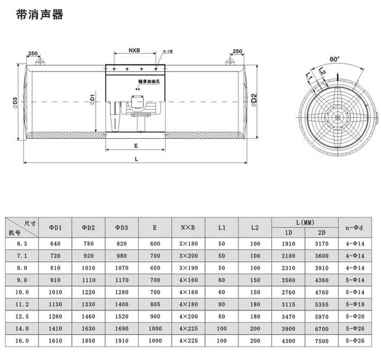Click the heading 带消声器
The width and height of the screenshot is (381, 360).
point(40,14)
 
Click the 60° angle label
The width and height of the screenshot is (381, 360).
point(334,59)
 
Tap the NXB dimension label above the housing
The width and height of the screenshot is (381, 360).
point(134,51)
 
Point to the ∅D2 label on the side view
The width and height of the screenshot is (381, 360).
point(254,100)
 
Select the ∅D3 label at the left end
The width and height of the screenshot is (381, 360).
point(15,103)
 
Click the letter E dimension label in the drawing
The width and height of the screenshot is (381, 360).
point(136,146)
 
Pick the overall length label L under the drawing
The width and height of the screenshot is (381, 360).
point(136,159)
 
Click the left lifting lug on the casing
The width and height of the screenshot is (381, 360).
point(39,61)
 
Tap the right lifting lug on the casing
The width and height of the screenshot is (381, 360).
point(230,61)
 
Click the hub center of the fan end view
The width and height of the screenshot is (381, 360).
point(337,117)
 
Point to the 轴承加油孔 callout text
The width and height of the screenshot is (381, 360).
point(149,82)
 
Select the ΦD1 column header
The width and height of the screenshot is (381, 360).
point(56,228)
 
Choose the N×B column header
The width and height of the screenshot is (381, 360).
point(188,228)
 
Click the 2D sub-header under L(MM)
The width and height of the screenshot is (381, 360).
point(322,233)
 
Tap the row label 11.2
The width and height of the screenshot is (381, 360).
point(22,304)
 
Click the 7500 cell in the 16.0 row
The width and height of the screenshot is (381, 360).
point(322,341)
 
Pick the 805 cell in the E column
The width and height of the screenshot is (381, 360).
point(155,304)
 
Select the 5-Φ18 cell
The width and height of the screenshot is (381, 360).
point(355,304)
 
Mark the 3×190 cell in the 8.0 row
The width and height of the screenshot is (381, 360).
point(188,268)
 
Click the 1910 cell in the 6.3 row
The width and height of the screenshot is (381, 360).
point(288,243)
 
